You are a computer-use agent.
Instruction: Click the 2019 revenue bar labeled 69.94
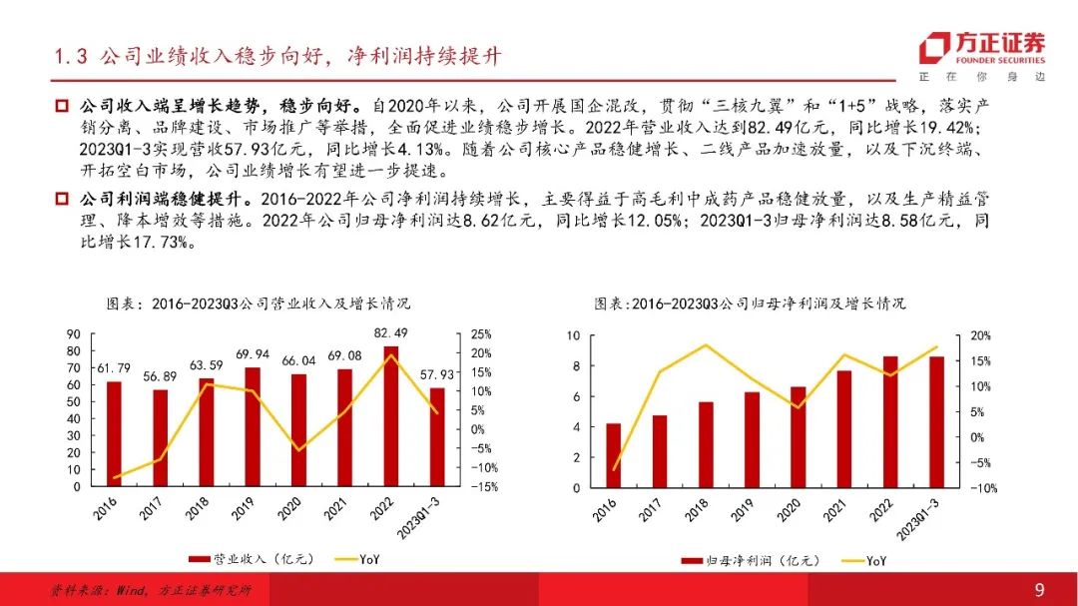252,427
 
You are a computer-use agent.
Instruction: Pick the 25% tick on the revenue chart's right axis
482,334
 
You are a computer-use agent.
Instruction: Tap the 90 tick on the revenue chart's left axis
74,334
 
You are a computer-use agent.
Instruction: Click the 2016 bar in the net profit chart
613,455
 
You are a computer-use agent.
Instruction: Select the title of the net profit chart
750,303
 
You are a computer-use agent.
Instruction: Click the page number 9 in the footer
1039,590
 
